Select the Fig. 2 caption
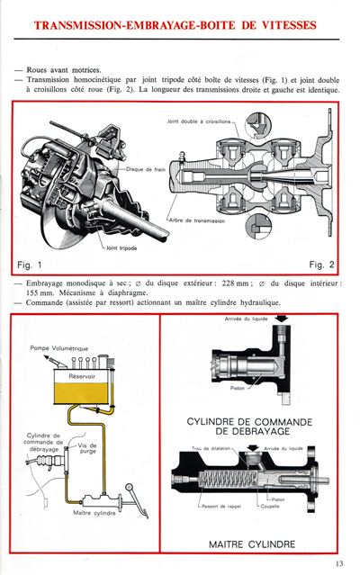pyautogui.click(x=320, y=265)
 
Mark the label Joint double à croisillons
pyautogui.click(x=199, y=120)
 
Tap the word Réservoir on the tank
pyautogui.click(x=87, y=376)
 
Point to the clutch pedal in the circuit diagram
pyautogui.click(x=133, y=494)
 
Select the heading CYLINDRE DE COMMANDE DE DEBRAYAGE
pyautogui.click(x=248, y=428)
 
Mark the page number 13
pyautogui.click(x=338, y=563)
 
